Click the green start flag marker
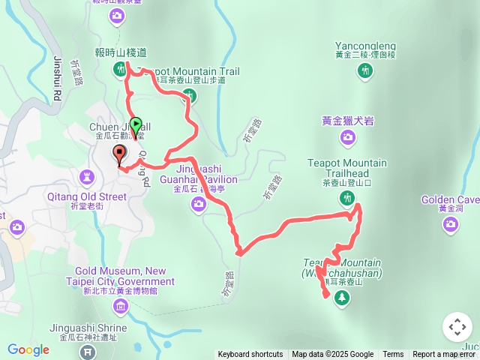136,127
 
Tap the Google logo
28,349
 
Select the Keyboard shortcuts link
250,355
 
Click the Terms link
393,355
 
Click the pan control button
457,327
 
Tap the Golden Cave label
450,200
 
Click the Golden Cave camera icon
450,224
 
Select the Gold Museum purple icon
120,306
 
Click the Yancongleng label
365,44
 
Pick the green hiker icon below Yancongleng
365,70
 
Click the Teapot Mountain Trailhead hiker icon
346,198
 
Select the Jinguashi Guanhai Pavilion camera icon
198,204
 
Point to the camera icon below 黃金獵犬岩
347,136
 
